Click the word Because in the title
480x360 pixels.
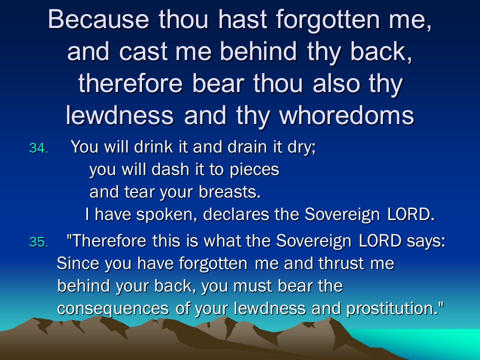tap(98, 19)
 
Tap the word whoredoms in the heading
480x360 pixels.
tap(346, 115)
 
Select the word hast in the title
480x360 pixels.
tap(242, 19)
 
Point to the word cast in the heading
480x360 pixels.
tap(143, 51)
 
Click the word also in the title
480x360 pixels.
tap(336, 83)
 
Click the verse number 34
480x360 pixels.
tap(38, 148)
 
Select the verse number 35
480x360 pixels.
tap(38, 242)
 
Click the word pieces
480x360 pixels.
tap(254, 170)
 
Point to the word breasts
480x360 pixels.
tap(229, 192)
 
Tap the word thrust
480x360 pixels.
tap(341, 263)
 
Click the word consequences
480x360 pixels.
tap(112, 308)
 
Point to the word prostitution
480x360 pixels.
tap(395, 308)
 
